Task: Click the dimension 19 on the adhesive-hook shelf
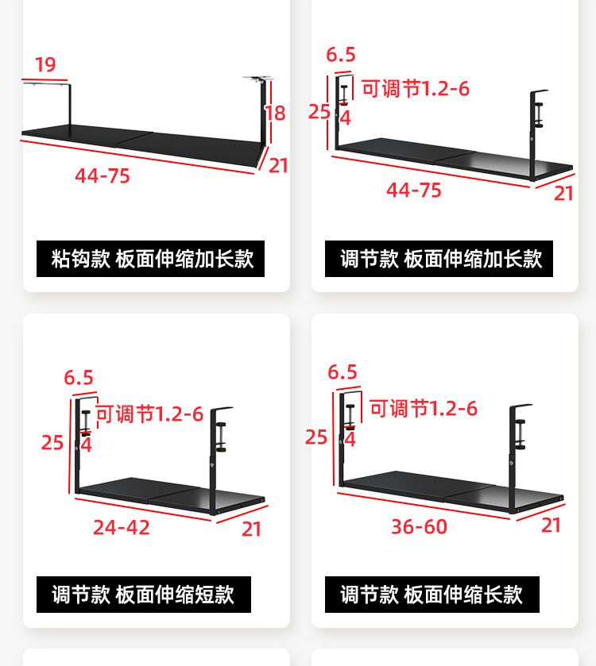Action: click(45, 65)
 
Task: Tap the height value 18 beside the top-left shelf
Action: click(275, 114)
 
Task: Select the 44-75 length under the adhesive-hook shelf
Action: click(103, 176)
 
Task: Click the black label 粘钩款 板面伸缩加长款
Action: click(151, 259)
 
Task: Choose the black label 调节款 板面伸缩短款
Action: click(144, 595)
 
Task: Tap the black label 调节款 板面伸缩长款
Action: click(432, 595)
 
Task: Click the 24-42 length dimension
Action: click(122, 527)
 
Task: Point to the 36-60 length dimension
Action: click(419, 526)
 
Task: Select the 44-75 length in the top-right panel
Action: click(414, 191)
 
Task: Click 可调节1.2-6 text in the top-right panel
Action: click(416, 88)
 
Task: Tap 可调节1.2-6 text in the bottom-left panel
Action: click(149, 414)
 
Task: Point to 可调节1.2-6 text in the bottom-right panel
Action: click(424, 409)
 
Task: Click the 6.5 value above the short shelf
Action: click(79, 378)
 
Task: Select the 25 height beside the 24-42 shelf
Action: click(52, 442)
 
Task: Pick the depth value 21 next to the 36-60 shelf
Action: click(551, 525)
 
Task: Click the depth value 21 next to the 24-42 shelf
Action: click(252, 529)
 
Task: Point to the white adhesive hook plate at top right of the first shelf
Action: click(257, 78)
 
